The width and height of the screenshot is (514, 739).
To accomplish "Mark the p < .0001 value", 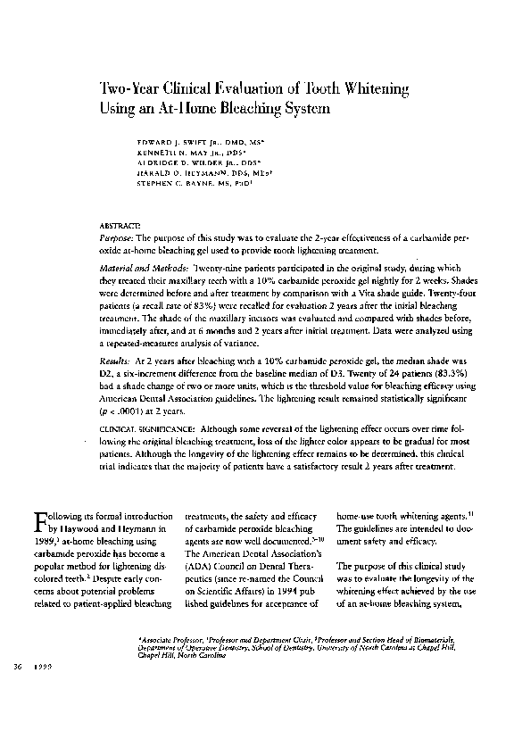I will [x=133, y=399].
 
